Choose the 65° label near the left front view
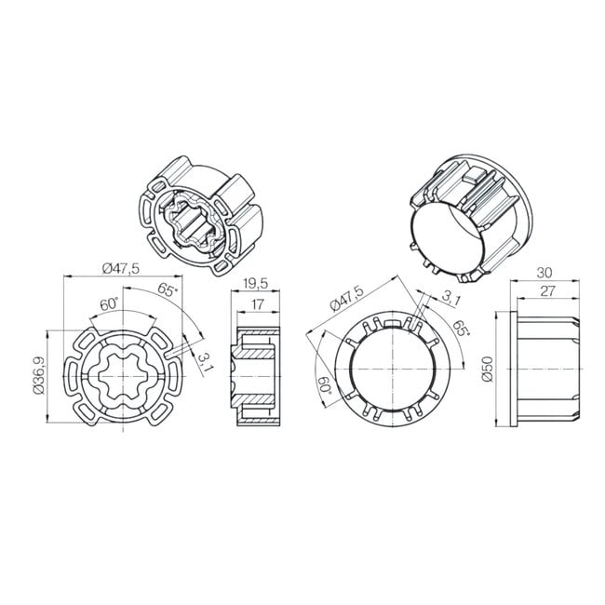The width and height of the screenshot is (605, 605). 168,289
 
